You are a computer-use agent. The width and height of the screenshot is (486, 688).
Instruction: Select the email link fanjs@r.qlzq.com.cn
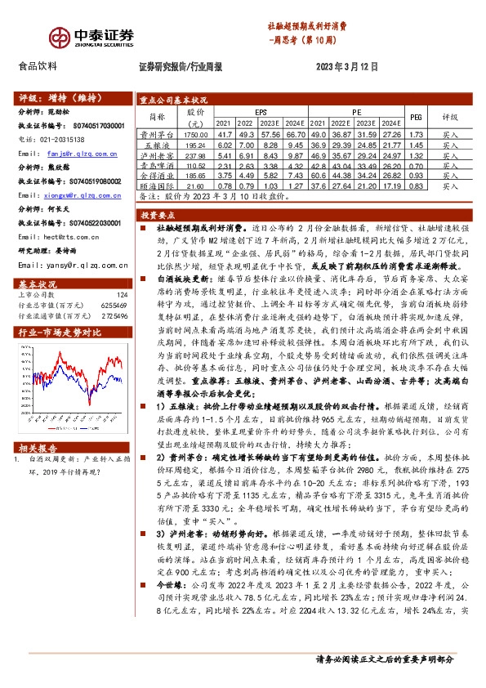81,153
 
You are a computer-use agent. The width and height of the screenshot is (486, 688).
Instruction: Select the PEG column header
414,116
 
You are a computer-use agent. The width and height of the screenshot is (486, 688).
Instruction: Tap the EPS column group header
261,110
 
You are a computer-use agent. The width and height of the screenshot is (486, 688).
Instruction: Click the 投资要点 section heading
154,214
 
